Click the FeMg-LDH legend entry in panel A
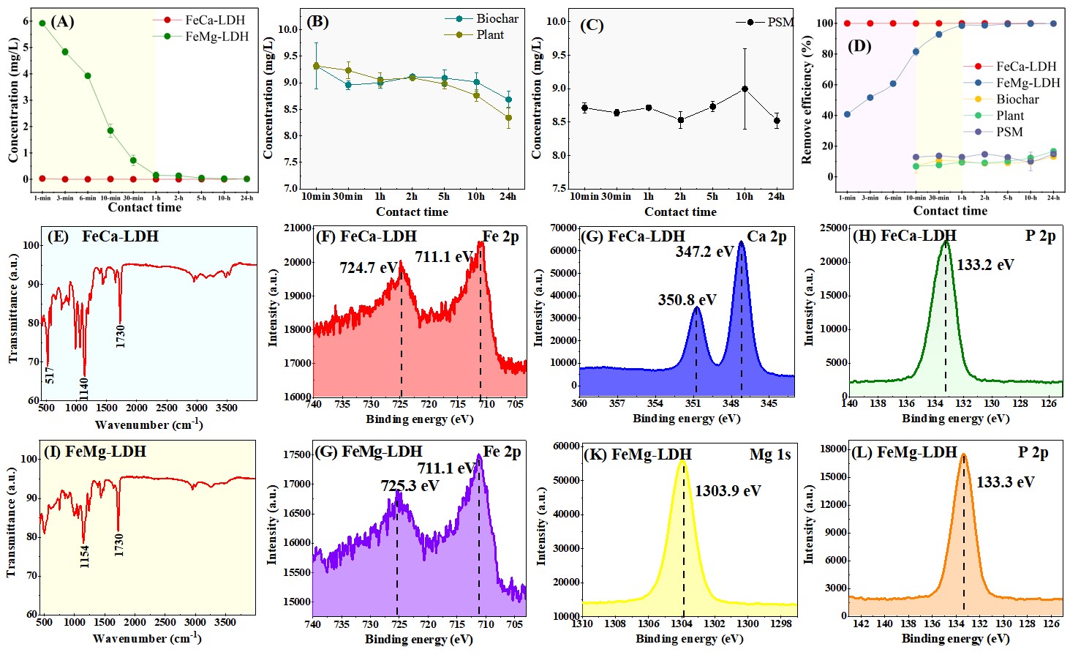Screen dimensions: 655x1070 216,37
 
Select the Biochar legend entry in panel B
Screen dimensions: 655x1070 497,19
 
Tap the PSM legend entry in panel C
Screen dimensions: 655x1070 780,22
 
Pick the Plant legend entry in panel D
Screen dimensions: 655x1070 1009,116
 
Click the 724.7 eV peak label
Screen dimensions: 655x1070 368,268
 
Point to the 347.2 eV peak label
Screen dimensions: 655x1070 704,252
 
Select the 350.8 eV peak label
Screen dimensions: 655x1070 687,300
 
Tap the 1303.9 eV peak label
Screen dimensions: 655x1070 728,491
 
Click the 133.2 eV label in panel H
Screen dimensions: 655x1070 985,265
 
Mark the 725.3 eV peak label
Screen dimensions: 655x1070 410,486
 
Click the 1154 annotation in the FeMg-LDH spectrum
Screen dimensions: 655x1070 85,556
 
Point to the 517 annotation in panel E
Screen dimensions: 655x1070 50,375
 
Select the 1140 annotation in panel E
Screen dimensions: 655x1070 84,389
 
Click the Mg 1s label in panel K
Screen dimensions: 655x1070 770,454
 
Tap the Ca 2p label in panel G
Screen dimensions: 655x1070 766,236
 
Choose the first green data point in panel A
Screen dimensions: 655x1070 42,23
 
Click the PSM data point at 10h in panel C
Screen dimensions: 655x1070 745,89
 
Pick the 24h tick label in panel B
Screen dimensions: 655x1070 508,196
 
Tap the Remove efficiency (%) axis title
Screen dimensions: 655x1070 807,101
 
